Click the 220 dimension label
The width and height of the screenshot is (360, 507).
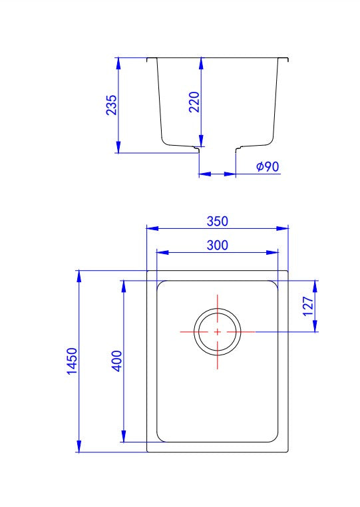tap(194, 102)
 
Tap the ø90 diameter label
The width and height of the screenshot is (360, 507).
tap(268, 166)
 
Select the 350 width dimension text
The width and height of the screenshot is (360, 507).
tap(217, 221)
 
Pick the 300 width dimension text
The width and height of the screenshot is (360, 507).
tap(217, 245)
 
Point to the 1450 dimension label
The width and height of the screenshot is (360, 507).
tap(73, 361)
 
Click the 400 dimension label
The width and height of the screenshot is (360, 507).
tap(116, 361)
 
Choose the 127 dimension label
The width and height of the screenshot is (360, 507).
tap(309, 306)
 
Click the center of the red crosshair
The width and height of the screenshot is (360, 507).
tap(218, 331)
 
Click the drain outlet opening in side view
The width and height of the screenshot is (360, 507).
tap(218, 160)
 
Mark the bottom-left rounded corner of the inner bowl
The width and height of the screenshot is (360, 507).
tap(161, 437)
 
